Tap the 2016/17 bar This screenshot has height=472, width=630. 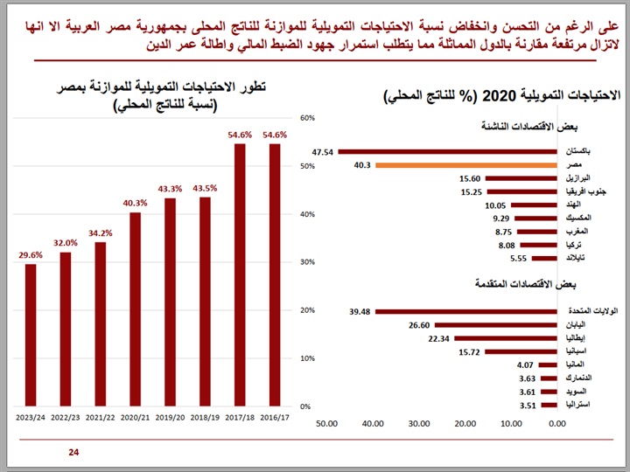click(275, 274)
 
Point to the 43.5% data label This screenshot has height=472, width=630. click(205, 188)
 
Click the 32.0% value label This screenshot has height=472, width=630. click(66, 244)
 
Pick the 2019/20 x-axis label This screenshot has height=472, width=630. click(170, 419)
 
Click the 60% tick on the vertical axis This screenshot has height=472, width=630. click(307, 117)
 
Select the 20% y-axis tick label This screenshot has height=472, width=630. click(307, 310)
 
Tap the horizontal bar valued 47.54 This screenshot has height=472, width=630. click(447, 152)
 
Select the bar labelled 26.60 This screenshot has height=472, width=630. click(496, 325)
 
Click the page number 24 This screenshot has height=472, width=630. click(73, 452)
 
